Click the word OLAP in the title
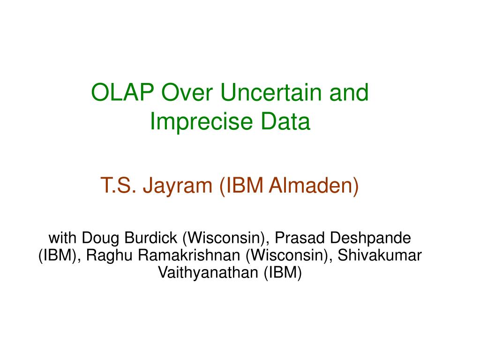[122, 92]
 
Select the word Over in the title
[187, 92]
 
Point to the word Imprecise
[202, 121]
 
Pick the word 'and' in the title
[349, 92]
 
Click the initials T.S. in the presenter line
[118, 185]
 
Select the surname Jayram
[178, 186]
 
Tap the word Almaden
[311, 185]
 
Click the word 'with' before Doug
[62, 238]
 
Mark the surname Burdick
[150, 238]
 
